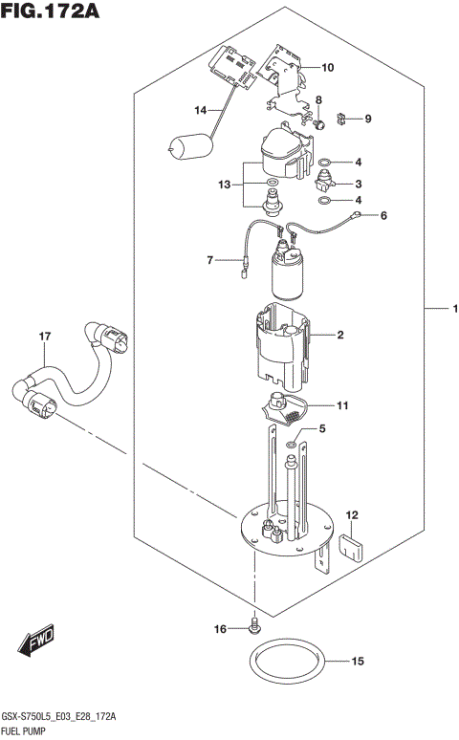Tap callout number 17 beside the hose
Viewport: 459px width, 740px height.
coord(43,336)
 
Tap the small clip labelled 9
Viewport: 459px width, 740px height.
coord(345,119)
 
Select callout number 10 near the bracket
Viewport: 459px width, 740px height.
coord(327,68)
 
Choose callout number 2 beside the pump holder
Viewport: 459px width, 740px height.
coord(339,336)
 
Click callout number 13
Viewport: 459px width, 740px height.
coord(225,184)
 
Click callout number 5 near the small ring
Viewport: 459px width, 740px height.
coord(322,430)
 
